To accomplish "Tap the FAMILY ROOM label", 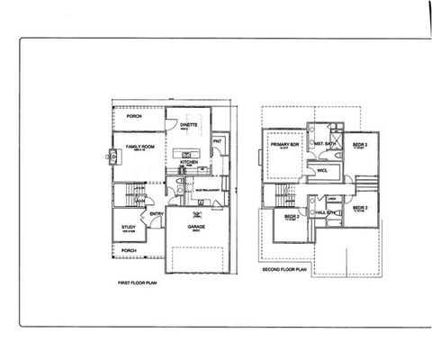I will pyautogui.click(x=143, y=146).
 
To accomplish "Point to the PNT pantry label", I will pyautogui.click(x=217, y=141).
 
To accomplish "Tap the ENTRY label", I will pyautogui.click(x=157, y=214).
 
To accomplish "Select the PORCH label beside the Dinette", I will pyautogui.click(x=134, y=116).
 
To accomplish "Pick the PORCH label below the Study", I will pyautogui.click(x=129, y=250).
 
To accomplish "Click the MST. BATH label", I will pyautogui.click(x=325, y=143).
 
